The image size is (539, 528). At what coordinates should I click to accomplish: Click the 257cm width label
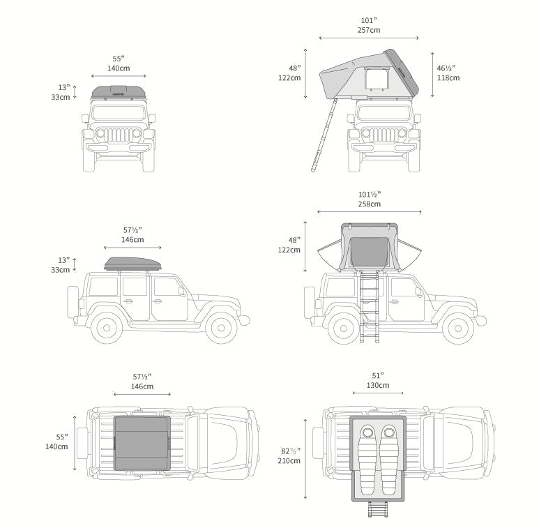point(369,30)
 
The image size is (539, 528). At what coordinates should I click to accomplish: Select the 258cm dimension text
point(369,204)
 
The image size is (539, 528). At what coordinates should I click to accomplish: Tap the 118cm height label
point(448,78)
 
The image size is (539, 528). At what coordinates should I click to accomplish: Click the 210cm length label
point(290,460)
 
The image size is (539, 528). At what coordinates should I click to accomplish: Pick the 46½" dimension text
point(446,68)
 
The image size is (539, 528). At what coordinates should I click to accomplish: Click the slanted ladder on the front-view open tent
point(324,135)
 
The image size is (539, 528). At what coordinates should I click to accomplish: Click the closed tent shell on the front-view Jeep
point(119,92)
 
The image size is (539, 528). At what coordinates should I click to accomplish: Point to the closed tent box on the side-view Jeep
point(132,263)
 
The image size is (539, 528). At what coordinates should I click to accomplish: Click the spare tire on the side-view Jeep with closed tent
point(73,301)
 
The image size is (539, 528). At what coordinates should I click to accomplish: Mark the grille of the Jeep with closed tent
point(119,134)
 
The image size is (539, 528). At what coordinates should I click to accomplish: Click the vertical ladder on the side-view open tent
point(369,307)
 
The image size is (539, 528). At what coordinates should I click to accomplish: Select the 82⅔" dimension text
point(290,451)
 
